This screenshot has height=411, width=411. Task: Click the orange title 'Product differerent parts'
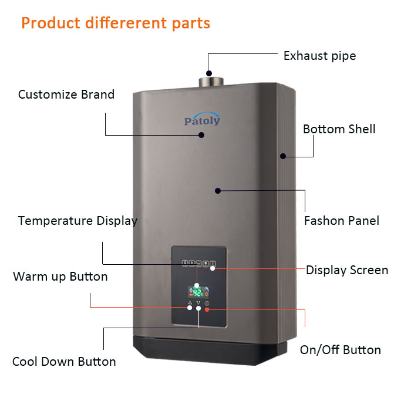[116, 23]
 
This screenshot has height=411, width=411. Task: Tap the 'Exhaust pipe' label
[320, 56]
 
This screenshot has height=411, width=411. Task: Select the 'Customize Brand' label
[66, 95]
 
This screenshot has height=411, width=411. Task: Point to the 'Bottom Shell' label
[339, 129]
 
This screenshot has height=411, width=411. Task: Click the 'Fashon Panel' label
[342, 221]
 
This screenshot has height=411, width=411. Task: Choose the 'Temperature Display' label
[78, 221]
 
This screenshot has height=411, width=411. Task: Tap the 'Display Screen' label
[347, 270]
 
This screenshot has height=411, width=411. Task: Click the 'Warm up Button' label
[60, 277]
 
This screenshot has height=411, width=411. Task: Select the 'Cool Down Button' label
[64, 362]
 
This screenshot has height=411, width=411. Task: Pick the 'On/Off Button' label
[340, 350]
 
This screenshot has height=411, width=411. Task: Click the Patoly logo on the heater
[202, 119]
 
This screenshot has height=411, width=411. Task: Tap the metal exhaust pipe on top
[211, 82]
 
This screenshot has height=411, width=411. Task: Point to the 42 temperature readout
[198, 292]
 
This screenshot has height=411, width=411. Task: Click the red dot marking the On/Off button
[207, 309]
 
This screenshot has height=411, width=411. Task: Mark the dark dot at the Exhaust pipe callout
[209, 73]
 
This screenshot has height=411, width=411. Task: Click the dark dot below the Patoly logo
[201, 135]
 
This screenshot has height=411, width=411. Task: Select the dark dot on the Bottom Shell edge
[283, 156]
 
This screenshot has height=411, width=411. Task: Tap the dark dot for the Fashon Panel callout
[218, 191]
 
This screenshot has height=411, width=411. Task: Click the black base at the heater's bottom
[210, 351]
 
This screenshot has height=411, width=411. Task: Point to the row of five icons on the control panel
[199, 264]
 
